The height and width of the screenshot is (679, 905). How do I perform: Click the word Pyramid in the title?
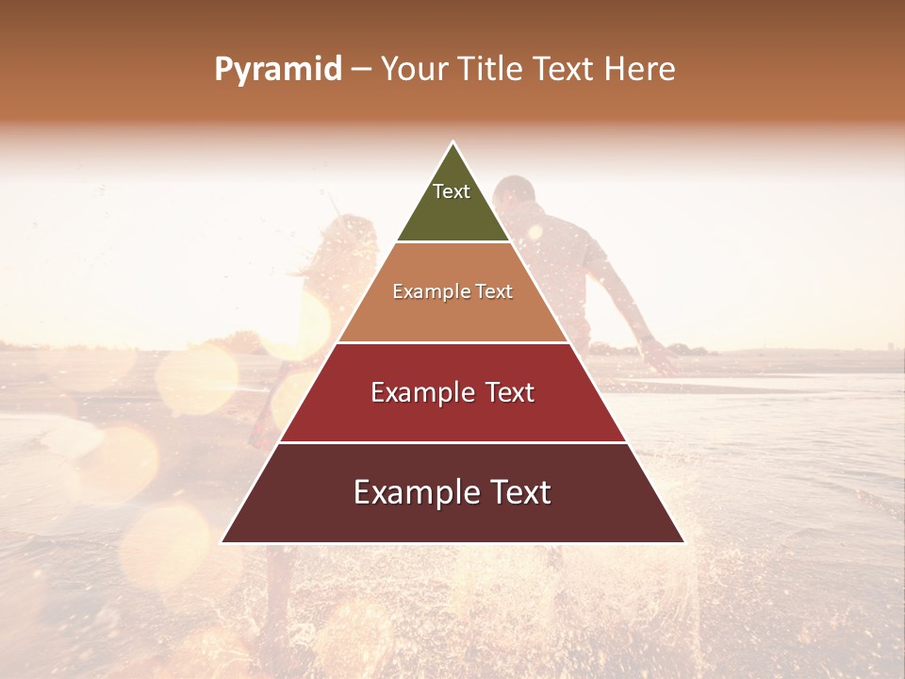click(278, 70)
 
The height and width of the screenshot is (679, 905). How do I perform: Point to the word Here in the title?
click(640, 70)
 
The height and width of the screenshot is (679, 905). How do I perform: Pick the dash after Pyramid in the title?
click(361, 71)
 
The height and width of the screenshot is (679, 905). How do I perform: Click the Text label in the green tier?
click(452, 191)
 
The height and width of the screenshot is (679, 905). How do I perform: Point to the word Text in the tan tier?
click(494, 292)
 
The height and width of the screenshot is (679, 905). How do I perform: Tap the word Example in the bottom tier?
click(415, 492)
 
